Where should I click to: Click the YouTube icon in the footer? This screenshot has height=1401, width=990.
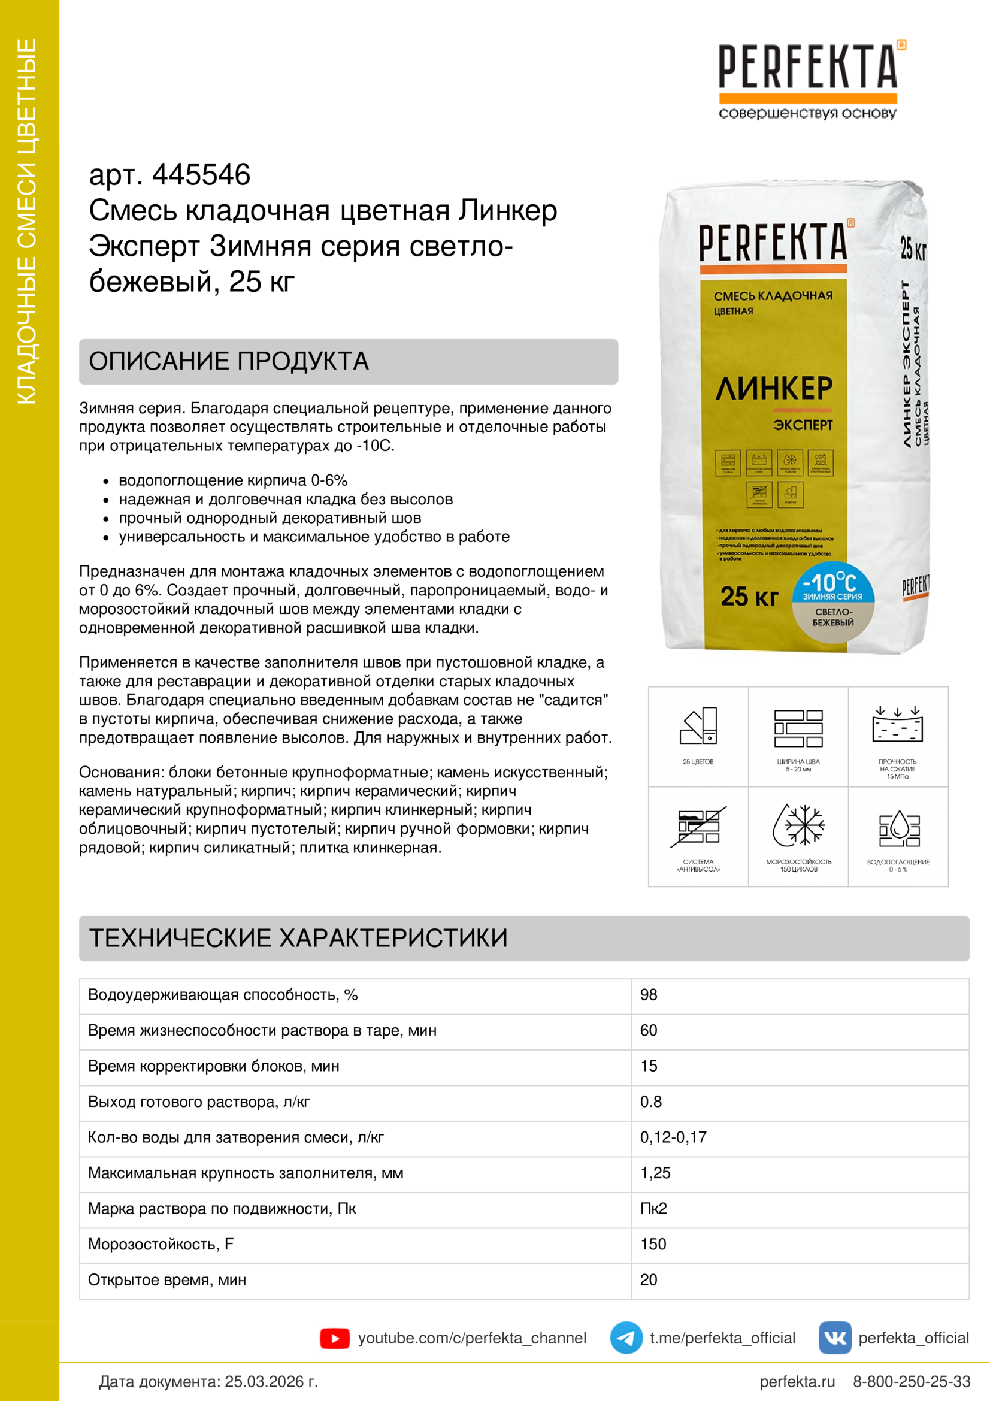pyautogui.click(x=334, y=1338)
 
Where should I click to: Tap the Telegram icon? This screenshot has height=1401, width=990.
pyautogui.click(x=626, y=1338)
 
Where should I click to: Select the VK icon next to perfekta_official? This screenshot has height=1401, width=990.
pyautogui.click(x=834, y=1338)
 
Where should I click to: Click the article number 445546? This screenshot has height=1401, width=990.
pyautogui.click(x=201, y=175)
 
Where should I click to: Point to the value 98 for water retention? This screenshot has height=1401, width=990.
pyautogui.click(x=649, y=995)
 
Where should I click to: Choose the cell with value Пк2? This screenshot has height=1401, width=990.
pyautogui.click(x=653, y=1209)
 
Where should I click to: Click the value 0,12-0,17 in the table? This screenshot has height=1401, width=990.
pyautogui.click(x=673, y=1137)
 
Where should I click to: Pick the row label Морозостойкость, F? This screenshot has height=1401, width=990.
pyautogui.click(x=161, y=1244)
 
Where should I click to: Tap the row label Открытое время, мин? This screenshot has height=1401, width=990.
pyautogui.click(x=166, y=1280)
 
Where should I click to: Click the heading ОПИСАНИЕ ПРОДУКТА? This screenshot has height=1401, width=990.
pyautogui.click(x=229, y=361)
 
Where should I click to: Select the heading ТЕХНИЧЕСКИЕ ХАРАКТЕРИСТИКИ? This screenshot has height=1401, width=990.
pyautogui.click(x=298, y=939)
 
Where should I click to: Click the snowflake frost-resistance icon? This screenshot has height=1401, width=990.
pyautogui.click(x=798, y=825)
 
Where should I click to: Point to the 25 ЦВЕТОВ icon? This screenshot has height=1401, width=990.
pyautogui.click(x=698, y=727)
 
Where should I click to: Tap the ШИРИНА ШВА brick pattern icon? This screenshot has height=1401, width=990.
pyautogui.click(x=798, y=728)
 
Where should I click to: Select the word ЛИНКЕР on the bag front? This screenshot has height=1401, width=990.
pyautogui.click(x=773, y=389)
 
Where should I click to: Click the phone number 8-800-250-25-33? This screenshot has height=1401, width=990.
pyautogui.click(x=911, y=1381)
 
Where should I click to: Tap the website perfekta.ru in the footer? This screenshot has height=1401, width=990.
pyautogui.click(x=797, y=1381)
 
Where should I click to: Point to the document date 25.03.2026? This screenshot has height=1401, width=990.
pyautogui.click(x=271, y=1381)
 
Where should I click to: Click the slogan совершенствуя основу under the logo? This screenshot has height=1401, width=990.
pyautogui.click(x=807, y=113)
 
